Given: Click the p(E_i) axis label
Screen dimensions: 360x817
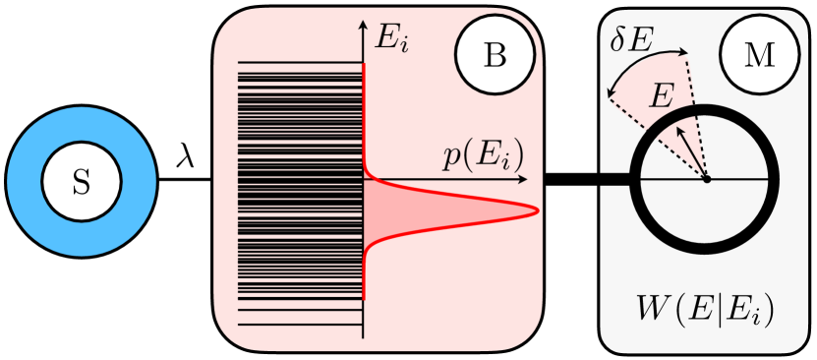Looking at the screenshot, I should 482,155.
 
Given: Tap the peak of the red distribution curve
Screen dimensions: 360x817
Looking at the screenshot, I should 537,210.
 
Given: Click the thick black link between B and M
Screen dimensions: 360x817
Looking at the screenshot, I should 588,180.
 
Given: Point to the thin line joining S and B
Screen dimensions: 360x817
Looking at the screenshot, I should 186,181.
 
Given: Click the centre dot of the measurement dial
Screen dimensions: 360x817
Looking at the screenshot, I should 707,180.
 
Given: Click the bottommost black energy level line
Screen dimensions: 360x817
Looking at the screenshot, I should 301,324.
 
